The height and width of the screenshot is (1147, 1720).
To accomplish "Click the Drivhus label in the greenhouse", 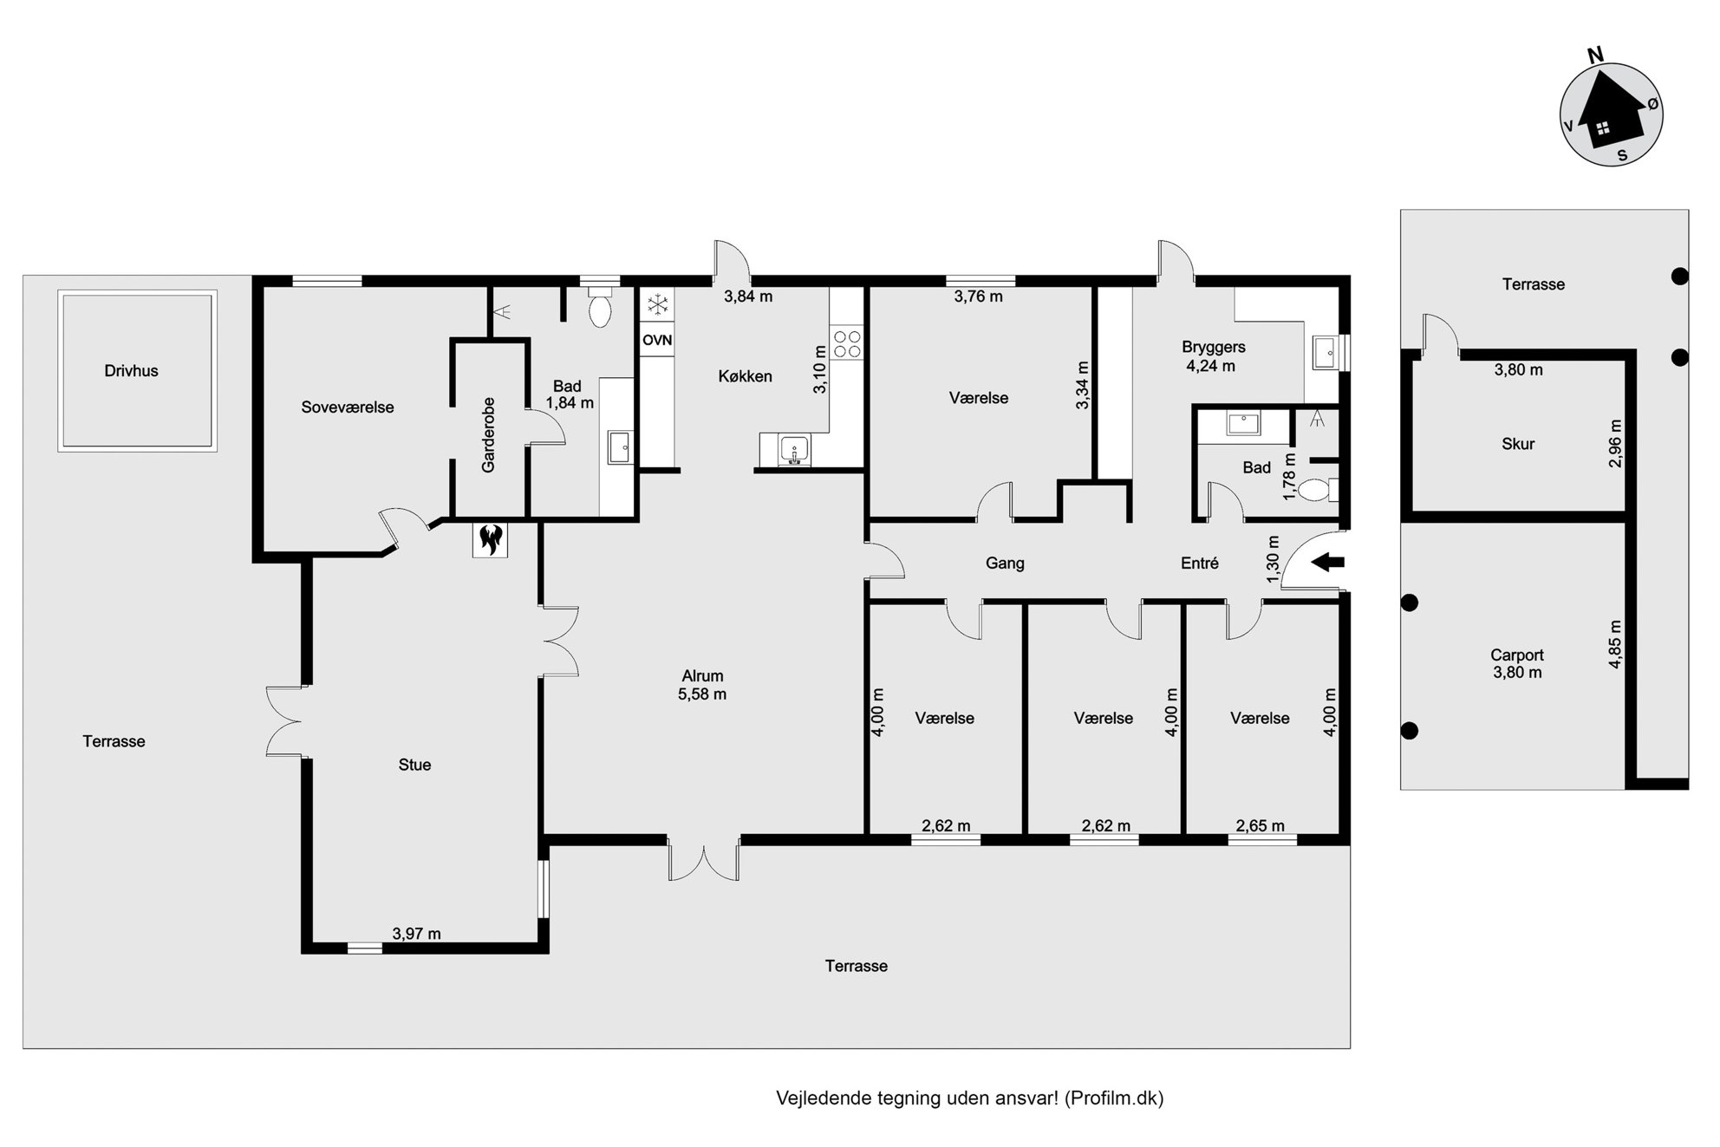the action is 131,371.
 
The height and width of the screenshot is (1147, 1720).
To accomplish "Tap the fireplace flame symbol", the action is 491,539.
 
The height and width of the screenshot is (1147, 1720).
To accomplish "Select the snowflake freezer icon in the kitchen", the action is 658,304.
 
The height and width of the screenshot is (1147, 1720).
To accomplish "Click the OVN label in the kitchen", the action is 657,340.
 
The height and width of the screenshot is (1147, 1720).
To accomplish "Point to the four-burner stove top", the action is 847,343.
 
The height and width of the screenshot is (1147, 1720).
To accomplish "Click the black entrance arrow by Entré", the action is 1327,562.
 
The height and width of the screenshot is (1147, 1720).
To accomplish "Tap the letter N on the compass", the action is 1594,55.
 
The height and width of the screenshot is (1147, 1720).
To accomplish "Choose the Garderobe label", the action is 488,435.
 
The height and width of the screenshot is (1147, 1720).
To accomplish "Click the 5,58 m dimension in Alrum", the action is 702,694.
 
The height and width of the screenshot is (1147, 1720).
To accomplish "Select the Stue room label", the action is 414,765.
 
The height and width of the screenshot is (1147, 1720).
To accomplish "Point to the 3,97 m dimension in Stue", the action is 416,934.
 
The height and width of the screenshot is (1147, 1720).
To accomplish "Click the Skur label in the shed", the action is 1518,444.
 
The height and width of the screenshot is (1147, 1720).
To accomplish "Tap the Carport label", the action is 1517,655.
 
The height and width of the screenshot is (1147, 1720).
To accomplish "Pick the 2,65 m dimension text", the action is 1261,826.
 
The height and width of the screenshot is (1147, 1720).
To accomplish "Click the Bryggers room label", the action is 1214,348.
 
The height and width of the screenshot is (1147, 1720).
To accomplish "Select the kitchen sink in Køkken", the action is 793,450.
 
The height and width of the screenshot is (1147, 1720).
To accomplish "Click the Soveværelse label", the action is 348,407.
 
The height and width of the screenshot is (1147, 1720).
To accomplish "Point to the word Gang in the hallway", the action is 1005,564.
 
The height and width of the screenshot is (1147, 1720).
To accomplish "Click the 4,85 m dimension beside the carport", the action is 1614,644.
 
